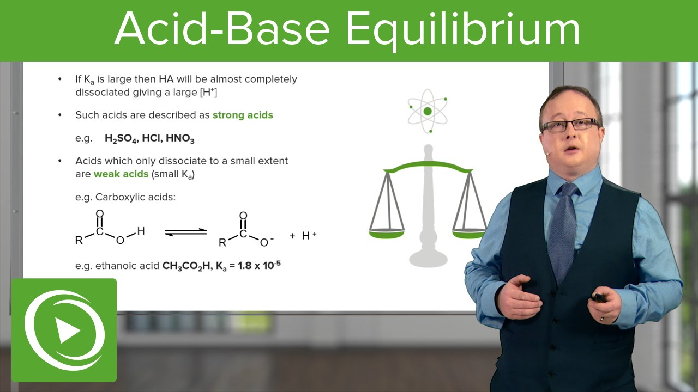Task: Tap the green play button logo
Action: click(64, 330)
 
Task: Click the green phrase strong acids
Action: click(243, 115)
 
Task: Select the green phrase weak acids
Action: click(121, 174)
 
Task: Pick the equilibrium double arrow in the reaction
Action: click(186, 232)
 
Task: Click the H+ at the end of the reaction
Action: click(309, 235)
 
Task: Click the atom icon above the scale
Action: click(428, 112)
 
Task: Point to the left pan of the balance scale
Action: click(387, 233)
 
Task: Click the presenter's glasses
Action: click(569, 126)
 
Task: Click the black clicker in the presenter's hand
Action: click(598, 297)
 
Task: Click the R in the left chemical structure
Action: click(79, 240)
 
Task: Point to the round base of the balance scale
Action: click(428, 256)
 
